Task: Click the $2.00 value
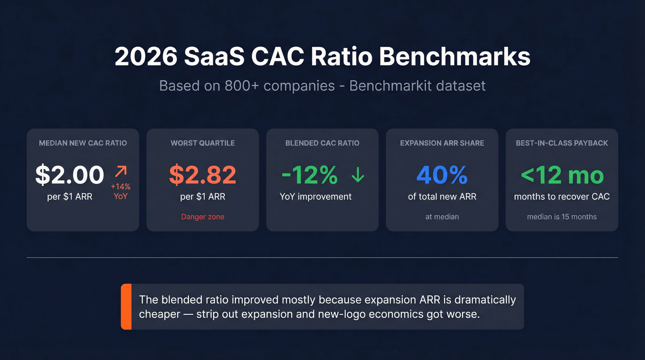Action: point(70,175)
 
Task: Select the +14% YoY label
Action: point(121,191)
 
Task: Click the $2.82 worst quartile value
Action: point(203,174)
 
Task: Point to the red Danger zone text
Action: point(203,217)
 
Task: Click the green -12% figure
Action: point(310,175)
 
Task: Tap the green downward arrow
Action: point(358,175)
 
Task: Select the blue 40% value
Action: point(442,175)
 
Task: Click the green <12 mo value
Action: point(562,175)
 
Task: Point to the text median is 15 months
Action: point(562,217)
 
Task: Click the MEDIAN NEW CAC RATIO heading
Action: point(83,143)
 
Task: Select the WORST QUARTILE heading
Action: point(203,143)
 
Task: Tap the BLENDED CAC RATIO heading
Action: point(322,143)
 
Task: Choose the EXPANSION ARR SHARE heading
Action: point(442,143)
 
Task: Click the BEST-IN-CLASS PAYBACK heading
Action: point(562,143)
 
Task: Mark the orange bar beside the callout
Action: point(126,307)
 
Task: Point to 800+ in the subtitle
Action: point(245,86)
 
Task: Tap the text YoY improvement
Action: point(316,197)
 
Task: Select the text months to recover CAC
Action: point(562,197)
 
